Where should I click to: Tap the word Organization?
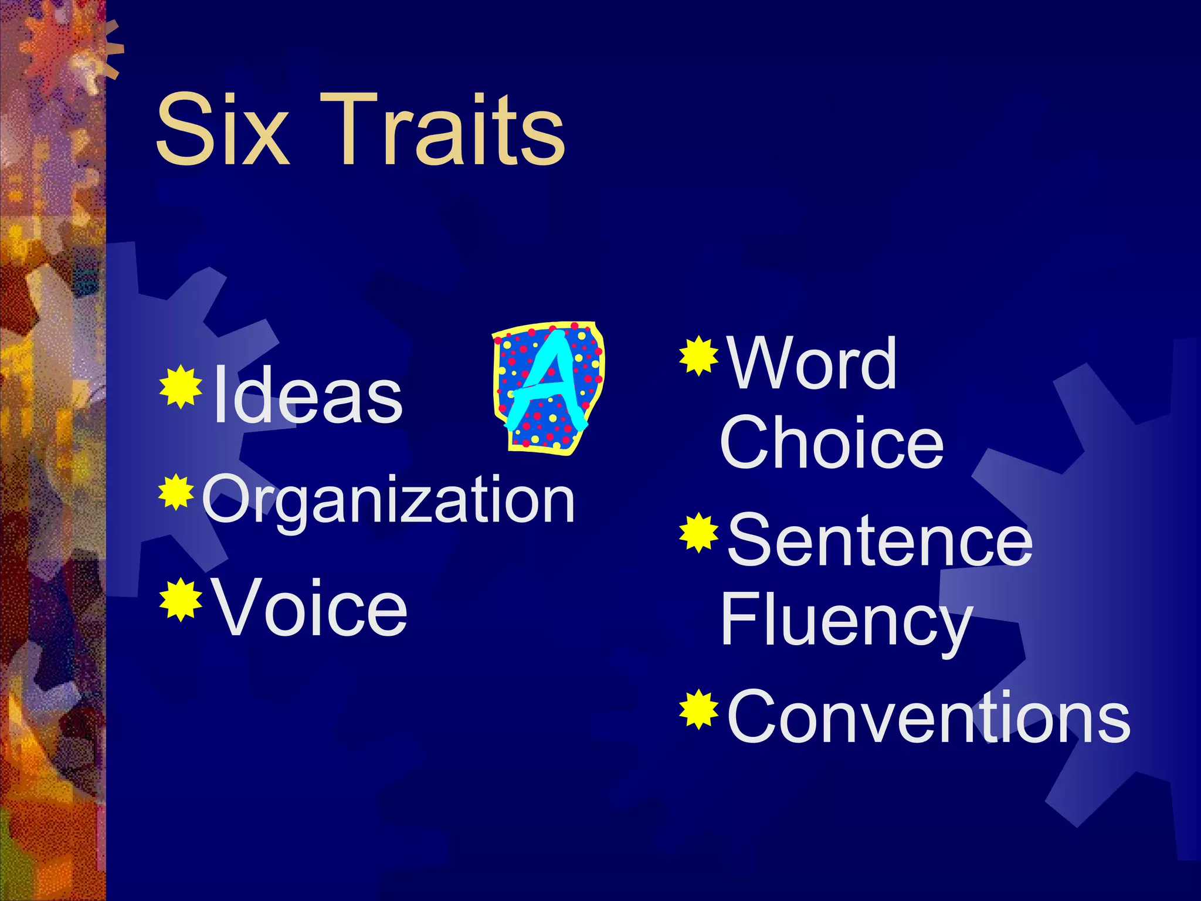pyautogui.click(x=388, y=500)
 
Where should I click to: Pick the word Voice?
pyautogui.click(x=310, y=607)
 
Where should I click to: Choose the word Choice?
pyautogui.click(x=832, y=443)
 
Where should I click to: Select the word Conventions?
pyautogui.click(x=928, y=717)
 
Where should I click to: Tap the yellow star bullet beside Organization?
pyautogui.click(x=176, y=493)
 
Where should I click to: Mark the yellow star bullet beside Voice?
pyautogui.click(x=181, y=599)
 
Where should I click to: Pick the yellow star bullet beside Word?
pyautogui.click(x=699, y=355)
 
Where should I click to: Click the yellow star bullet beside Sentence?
pyautogui.click(x=699, y=533)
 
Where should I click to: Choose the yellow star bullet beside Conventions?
pyautogui.click(x=699, y=710)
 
